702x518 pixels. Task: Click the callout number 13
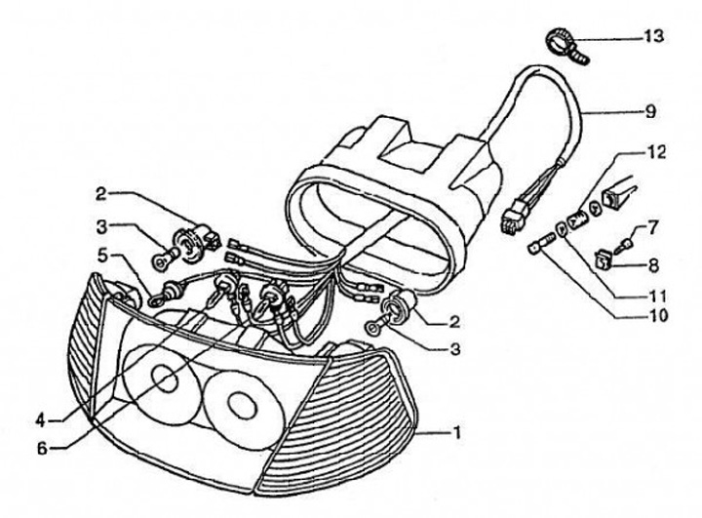click(x=652, y=37)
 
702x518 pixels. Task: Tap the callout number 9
click(x=650, y=111)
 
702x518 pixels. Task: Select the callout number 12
click(x=652, y=154)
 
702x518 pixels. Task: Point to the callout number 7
click(x=652, y=226)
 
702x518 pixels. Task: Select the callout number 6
click(x=40, y=448)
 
